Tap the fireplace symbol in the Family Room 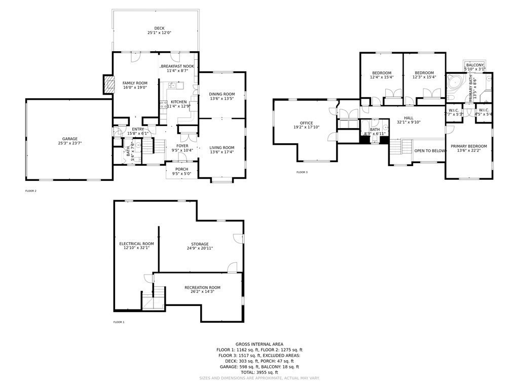tap(107, 84)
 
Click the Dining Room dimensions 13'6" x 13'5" tap(222, 99)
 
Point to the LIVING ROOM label tap(222, 147)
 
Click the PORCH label tap(181, 169)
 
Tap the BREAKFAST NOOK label tap(178, 66)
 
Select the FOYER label tap(182, 146)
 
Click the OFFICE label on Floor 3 tap(306, 123)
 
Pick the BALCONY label tap(474, 65)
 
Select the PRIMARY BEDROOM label tap(469, 146)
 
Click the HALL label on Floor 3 tap(409, 118)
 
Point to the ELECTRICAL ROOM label tap(136, 244)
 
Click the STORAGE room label tap(200, 244)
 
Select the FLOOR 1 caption tap(119, 322)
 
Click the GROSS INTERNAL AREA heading tap(259, 344)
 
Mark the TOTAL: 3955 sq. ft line tap(259, 372)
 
